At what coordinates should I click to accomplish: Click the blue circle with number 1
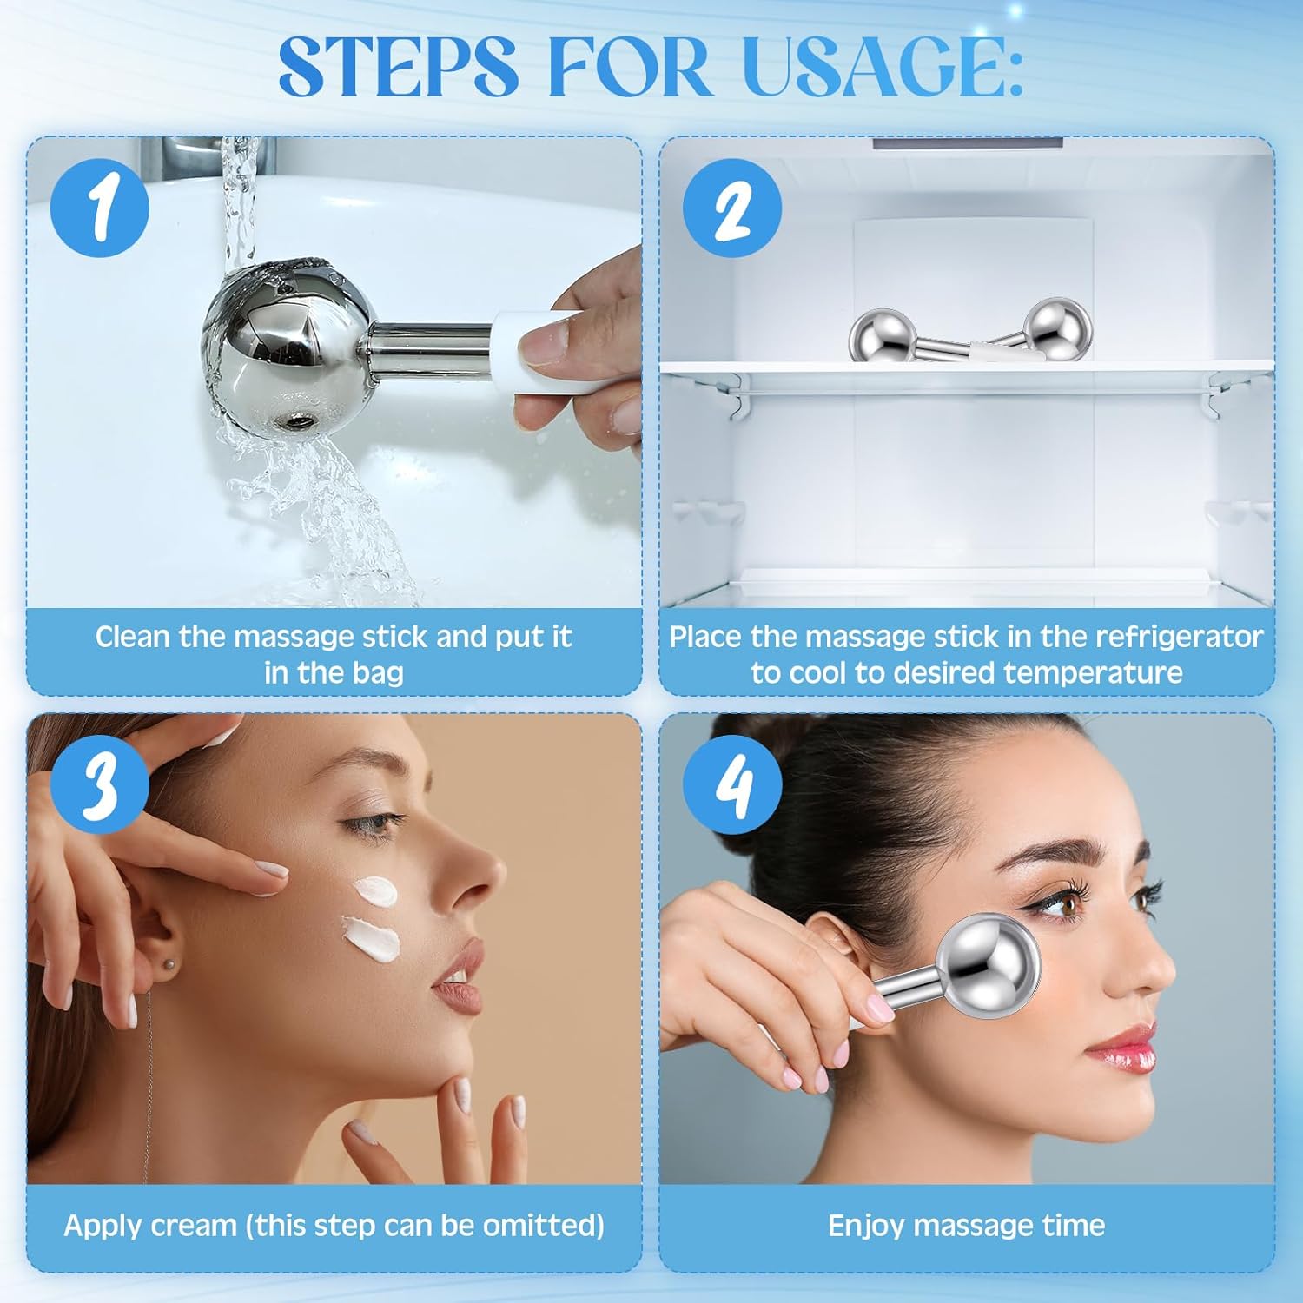[x=100, y=208]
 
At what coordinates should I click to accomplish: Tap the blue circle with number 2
[x=732, y=208]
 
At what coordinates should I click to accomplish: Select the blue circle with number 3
[x=100, y=784]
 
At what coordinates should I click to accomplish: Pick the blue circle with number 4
[x=732, y=784]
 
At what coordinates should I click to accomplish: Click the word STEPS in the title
[x=398, y=67]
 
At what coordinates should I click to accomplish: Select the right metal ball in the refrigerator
[x=1057, y=327]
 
